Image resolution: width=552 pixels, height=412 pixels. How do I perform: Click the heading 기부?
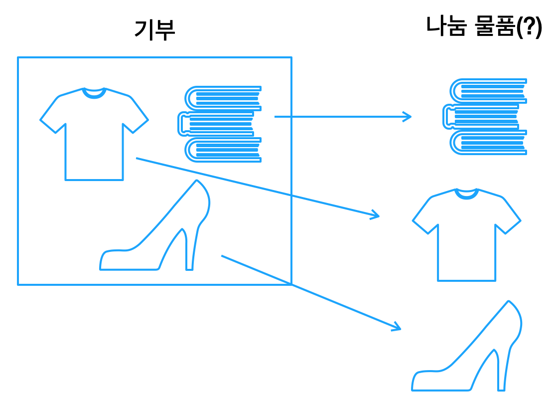(154, 30)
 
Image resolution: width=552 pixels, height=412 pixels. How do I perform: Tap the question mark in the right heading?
(529, 27)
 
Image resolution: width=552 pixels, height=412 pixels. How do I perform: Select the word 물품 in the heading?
(495, 26)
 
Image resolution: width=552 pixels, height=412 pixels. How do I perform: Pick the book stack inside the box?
(220, 124)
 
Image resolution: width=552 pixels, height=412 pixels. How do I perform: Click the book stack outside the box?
(485, 117)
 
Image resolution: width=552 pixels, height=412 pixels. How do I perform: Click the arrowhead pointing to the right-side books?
(408, 117)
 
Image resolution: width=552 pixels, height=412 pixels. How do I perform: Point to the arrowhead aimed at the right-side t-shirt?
(375, 214)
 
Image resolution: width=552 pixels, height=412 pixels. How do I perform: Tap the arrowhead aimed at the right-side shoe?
(397, 327)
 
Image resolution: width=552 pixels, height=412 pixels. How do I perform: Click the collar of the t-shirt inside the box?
(94, 94)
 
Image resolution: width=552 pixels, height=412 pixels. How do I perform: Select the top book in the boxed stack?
(223, 98)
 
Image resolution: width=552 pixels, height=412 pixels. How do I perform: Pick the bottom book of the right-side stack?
(488, 142)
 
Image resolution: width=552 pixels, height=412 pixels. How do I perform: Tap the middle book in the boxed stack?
(216, 124)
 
